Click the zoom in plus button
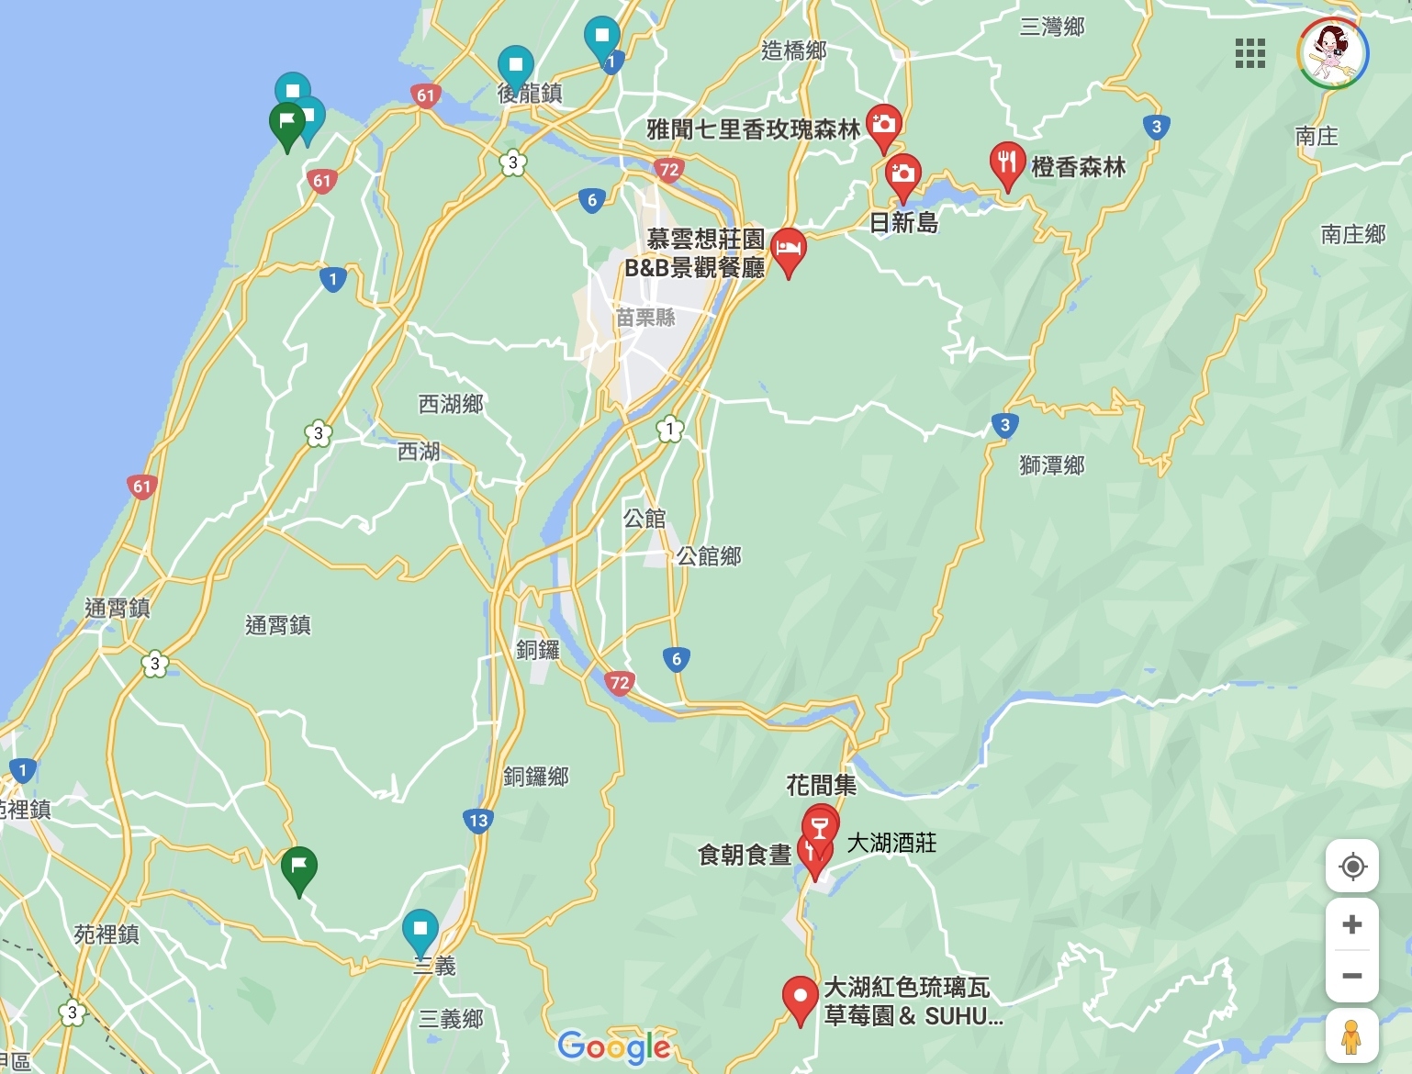coord(1351,924)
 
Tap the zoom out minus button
coord(1351,976)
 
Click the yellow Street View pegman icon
coord(1350,1036)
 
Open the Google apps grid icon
coord(1250,53)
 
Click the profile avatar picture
coord(1333,53)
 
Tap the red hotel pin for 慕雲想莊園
coord(788,249)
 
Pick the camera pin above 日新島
coord(902,174)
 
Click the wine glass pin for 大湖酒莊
coord(820,822)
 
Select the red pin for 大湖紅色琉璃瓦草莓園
coord(800,997)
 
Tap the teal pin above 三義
coord(420,929)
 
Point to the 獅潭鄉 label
coord(1052,465)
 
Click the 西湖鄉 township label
coord(451,404)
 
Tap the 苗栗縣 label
coord(645,318)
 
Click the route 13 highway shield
coord(478,821)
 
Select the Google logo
coord(614,1046)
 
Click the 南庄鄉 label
coord(1353,234)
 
